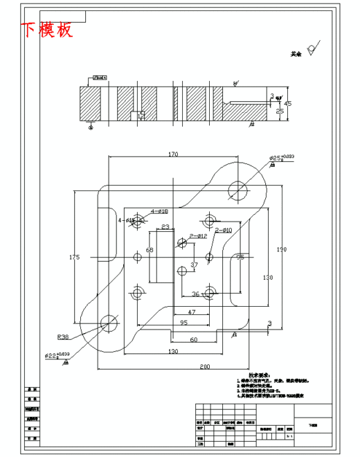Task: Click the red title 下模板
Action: tap(46, 30)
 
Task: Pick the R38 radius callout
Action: tap(63, 337)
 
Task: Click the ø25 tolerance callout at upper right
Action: tap(281, 158)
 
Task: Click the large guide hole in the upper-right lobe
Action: tap(238, 187)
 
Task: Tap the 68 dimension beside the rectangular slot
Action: tap(149, 251)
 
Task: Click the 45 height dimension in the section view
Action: tap(288, 103)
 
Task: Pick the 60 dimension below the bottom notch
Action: tap(194, 339)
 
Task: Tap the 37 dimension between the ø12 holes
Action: tap(194, 265)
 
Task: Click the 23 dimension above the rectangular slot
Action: tap(165, 227)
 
